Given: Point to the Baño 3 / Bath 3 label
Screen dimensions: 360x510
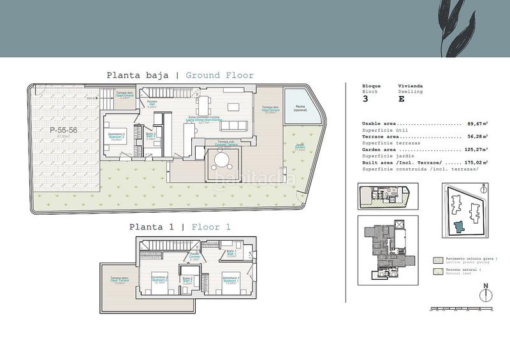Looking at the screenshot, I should click(x=150, y=136).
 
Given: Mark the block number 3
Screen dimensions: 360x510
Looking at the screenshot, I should click(x=365, y=99).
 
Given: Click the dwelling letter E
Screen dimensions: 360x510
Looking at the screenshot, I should click(x=401, y=99).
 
